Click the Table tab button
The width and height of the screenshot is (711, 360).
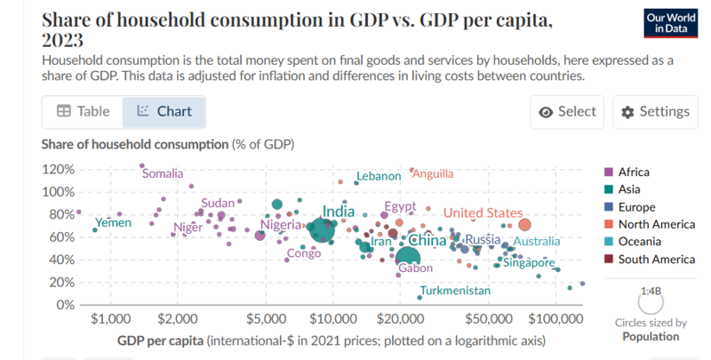coord(83,112)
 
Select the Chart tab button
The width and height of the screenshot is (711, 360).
coord(164,112)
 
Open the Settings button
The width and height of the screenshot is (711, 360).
coord(655,112)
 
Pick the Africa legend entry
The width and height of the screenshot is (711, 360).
coord(633,172)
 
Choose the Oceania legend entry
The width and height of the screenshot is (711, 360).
coord(640,242)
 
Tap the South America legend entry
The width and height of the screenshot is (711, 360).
coord(656,260)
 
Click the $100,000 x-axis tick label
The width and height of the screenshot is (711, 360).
coord(555,318)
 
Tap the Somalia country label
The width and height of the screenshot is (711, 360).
coord(169,173)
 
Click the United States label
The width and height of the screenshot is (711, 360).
coord(483,212)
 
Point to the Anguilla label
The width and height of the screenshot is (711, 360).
coord(433,173)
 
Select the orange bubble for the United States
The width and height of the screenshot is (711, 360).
coord(524,225)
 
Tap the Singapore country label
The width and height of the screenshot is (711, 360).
coord(531,262)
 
